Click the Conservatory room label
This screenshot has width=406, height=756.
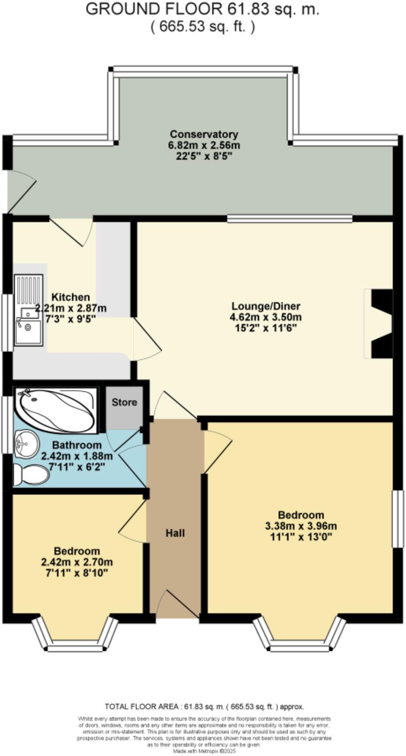pos(204,134)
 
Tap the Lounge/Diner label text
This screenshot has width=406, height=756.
pos(266,306)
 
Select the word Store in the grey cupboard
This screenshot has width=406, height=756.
pos(124,403)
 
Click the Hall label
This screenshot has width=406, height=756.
pos(175,533)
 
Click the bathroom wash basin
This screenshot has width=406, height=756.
pos(26,444)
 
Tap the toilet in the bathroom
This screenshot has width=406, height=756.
pos(31,475)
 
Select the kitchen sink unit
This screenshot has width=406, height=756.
pos(28,310)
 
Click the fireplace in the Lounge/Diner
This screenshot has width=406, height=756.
pos(381,324)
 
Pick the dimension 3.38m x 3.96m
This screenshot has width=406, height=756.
pos(300,526)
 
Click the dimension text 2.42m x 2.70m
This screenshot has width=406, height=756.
pos(77,562)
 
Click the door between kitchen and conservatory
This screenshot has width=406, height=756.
pos(71,230)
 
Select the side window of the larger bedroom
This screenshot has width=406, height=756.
pos(398,519)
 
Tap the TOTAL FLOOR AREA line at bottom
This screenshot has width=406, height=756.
pos(204,707)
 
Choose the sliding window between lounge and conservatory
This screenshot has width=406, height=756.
pos(289,218)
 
